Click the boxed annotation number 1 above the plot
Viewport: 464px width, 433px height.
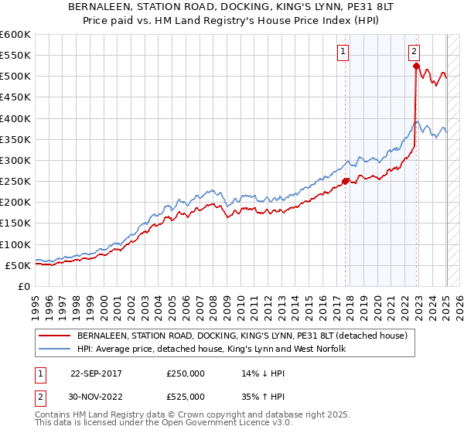[342, 52]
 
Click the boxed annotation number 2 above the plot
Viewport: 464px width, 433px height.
[415, 52]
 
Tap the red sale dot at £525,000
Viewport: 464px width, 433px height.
[416, 66]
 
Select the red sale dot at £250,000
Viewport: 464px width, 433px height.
[346, 182]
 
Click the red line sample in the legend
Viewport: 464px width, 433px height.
[54, 336]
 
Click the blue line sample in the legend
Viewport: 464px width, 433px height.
[54, 349]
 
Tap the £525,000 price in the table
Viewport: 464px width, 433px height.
[186, 397]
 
